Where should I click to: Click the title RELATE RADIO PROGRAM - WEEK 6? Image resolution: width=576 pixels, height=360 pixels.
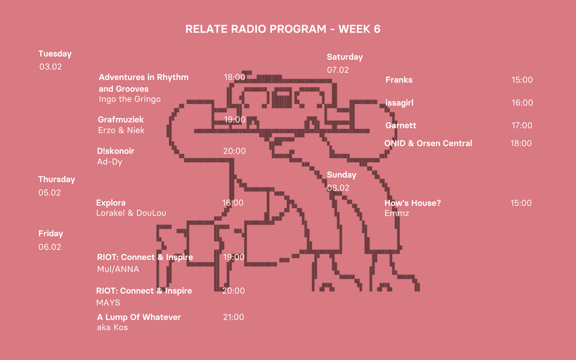point(283,29)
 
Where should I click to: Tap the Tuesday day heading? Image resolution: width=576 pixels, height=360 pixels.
point(55,54)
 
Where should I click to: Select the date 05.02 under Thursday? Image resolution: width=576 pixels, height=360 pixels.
point(50,192)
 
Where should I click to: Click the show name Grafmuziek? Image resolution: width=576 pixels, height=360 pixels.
point(121,119)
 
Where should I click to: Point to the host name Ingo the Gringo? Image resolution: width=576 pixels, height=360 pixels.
point(129,99)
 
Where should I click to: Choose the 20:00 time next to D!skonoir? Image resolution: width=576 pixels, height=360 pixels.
point(234,151)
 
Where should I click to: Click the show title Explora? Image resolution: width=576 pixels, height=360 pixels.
point(111,203)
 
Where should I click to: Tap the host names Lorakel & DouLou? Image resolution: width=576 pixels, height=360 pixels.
point(131,213)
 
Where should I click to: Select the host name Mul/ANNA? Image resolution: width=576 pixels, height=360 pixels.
point(118,269)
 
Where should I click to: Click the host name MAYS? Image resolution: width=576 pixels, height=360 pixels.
point(108,303)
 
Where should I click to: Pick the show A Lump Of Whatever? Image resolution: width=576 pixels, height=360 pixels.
point(139,317)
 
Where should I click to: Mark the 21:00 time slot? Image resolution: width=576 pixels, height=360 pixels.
point(233,317)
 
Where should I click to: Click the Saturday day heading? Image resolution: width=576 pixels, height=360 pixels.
point(344,57)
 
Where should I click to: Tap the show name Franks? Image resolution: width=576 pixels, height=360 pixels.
point(399,80)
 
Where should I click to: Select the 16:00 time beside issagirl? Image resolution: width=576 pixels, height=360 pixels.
point(522,103)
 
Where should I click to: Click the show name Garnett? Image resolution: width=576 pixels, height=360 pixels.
point(401,125)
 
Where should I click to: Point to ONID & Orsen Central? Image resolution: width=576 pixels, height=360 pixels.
point(428,143)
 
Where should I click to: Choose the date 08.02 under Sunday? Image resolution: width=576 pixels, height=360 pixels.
point(338,188)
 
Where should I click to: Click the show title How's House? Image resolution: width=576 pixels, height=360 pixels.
point(412,203)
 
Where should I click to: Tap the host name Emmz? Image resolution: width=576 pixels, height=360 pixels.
point(396,213)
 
